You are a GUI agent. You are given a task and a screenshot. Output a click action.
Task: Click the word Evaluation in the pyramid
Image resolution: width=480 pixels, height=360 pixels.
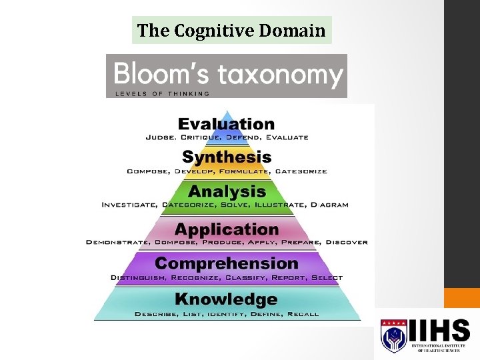pos(227,124)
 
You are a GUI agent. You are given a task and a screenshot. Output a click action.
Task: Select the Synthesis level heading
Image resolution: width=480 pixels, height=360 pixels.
pos(227,157)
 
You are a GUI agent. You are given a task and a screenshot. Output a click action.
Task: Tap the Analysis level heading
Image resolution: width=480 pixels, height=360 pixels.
pos(227,192)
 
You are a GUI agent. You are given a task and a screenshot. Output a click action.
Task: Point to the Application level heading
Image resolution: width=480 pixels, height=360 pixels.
pos(227,229)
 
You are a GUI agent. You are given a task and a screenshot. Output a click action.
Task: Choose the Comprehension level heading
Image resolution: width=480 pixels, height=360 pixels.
pos(227,264)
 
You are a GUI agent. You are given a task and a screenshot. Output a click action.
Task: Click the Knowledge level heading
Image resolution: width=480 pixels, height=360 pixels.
pos(227,299)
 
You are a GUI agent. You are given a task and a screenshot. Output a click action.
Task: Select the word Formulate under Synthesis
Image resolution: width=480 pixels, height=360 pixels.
pos(240,171)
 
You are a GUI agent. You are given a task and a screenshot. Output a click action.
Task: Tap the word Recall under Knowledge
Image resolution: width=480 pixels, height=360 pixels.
pos(303,314)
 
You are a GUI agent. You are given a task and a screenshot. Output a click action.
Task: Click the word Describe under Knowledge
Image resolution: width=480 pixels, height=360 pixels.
pos(155,314)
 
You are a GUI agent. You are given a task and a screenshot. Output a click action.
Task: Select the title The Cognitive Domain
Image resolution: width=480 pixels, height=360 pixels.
pos(231,31)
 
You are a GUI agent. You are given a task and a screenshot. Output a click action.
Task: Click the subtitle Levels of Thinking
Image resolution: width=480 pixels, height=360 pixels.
pos(163,93)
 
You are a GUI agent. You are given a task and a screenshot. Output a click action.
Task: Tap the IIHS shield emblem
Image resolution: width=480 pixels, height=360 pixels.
pos(393,335)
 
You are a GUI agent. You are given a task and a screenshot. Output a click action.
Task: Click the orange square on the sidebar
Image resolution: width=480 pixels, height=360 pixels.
pos(462,298)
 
